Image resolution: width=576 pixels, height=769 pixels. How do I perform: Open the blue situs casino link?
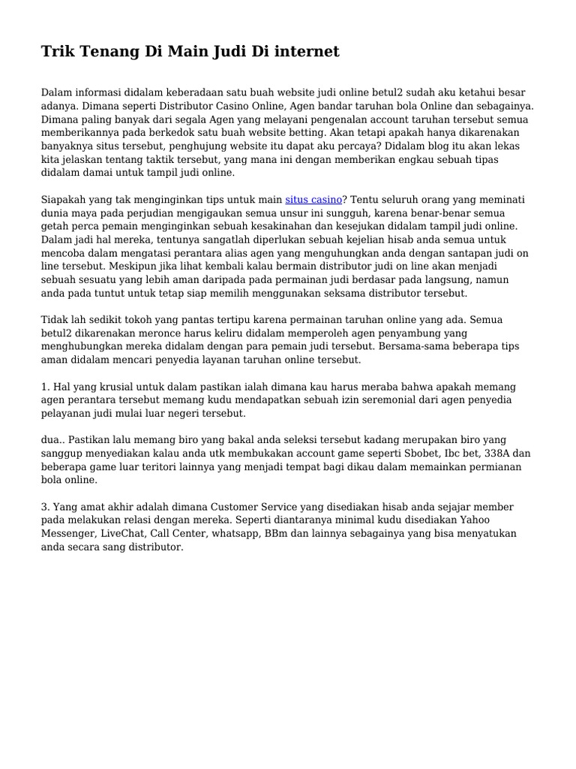(x=313, y=200)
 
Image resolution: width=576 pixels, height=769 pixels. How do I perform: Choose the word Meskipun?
(x=134, y=267)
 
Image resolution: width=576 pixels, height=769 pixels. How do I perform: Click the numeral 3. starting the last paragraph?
(x=45, y=507)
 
